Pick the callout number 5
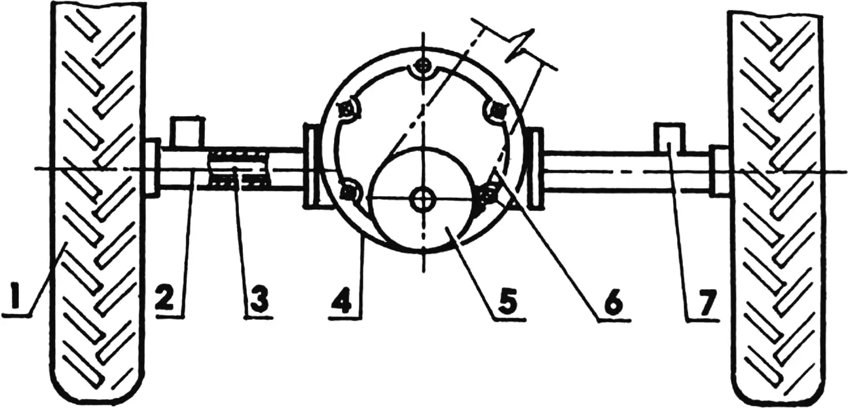click(x=507, y=304)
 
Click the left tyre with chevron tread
click(x=98, y=203)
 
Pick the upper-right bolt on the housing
click(x=497, y=111)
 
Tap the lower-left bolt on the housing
click(x=347, y=193)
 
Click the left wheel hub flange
click(x=153, y=167)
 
